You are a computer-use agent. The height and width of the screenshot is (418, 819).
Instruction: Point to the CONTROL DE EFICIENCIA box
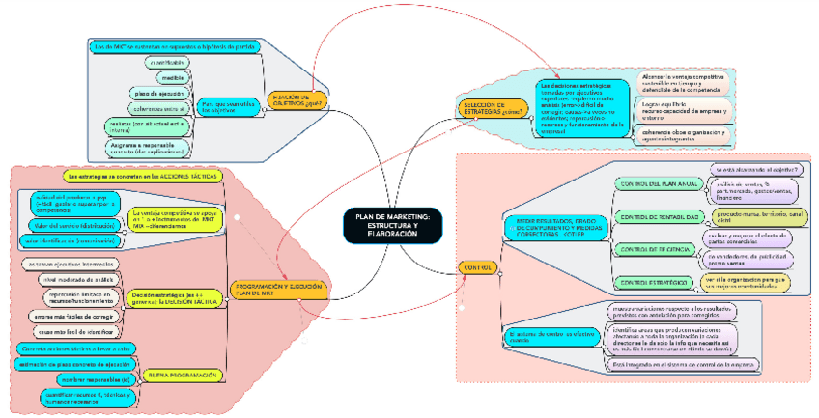tap(653, 250)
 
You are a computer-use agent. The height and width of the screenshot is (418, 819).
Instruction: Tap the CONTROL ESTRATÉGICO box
tap(653, 282)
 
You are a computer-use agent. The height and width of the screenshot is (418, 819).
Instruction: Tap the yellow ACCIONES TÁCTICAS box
tap(141, 177)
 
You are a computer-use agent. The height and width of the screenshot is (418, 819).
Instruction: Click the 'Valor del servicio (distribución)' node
tap(61, 225)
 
